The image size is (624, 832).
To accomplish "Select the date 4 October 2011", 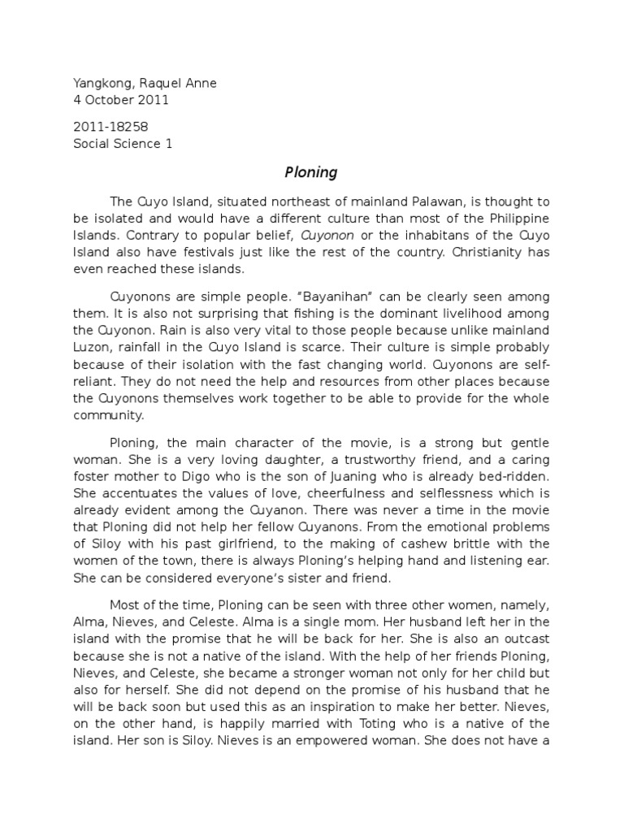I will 120,101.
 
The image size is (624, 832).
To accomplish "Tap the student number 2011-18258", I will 110,128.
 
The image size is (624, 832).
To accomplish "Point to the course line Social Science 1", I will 123,144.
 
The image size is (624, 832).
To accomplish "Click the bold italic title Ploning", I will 311,172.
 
